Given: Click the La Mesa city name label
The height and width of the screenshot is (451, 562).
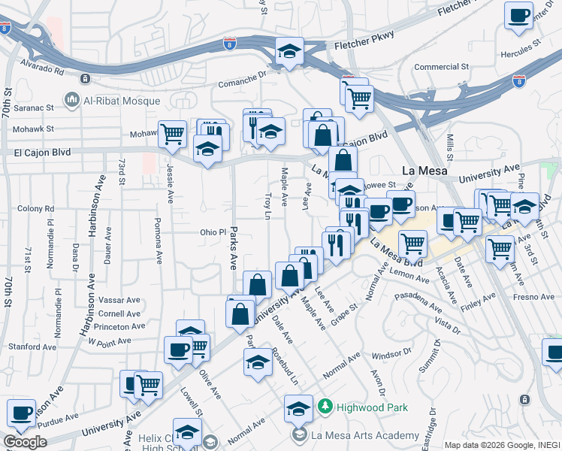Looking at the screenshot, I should coord(425,171).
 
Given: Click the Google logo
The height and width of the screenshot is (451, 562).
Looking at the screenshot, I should coord(25,441).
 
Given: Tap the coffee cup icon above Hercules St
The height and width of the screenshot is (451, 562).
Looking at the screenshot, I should coord(519,17).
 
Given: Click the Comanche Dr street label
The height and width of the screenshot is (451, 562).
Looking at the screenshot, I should coord(242,84).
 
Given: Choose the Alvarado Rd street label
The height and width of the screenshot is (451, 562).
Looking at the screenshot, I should coord(43,70).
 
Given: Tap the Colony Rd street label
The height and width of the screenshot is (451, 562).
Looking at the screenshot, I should coord(33,208).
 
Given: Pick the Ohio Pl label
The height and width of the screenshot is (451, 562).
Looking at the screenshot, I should coord(213,232).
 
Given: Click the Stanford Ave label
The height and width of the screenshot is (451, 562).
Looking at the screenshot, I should coord(32,347).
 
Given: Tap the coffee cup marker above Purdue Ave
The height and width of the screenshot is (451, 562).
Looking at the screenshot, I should coord(21,413).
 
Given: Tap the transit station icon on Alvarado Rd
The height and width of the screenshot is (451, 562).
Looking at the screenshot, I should coord(86,78).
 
